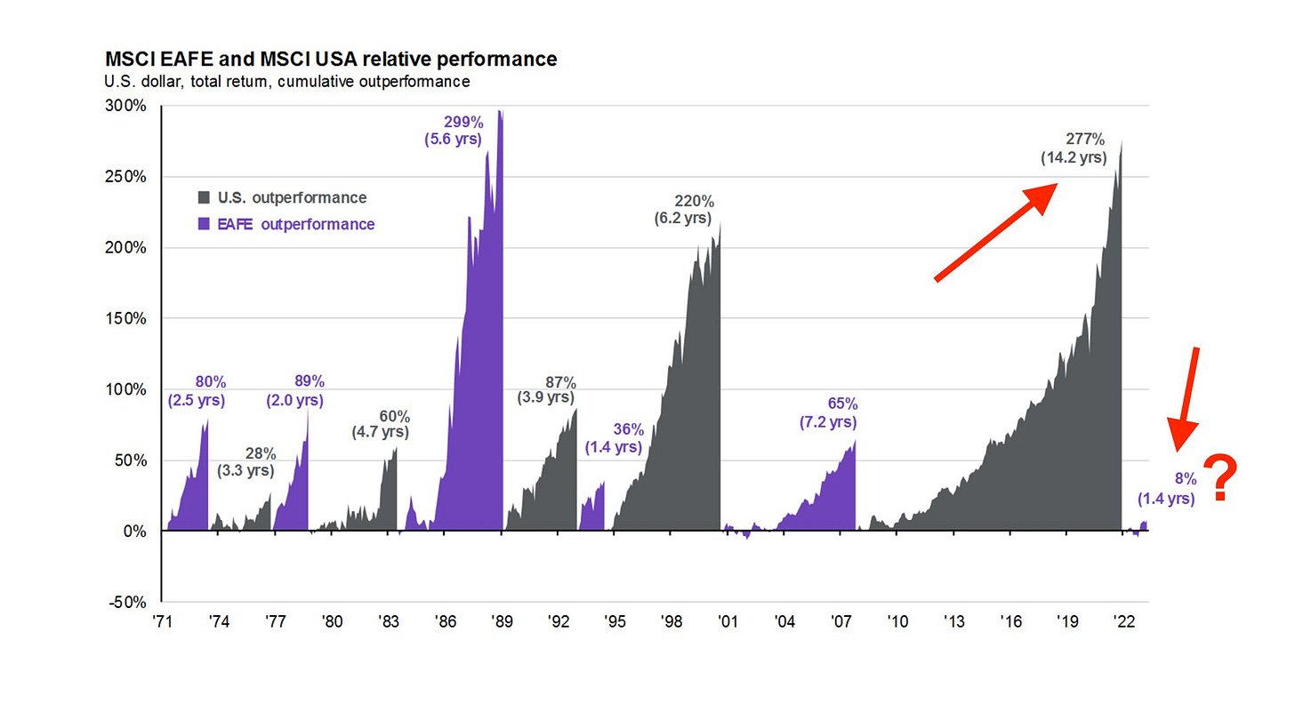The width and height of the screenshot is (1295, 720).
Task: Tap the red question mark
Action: [1222, 478]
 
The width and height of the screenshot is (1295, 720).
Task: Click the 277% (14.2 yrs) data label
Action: [1074, 148]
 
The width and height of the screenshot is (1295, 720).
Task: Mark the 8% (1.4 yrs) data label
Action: [1168, 489]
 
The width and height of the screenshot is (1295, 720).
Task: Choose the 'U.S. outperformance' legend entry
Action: [281, 197]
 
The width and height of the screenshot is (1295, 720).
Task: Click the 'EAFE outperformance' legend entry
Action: [286, 224]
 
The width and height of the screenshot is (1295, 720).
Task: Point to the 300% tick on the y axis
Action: [127, 106]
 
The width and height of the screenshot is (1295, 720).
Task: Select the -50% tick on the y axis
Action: [127, 602]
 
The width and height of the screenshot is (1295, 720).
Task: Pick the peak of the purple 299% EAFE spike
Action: [500, 111]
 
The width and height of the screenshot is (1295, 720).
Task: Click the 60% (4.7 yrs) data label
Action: [380, 424]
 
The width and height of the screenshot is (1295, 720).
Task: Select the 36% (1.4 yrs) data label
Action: [614, 437]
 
